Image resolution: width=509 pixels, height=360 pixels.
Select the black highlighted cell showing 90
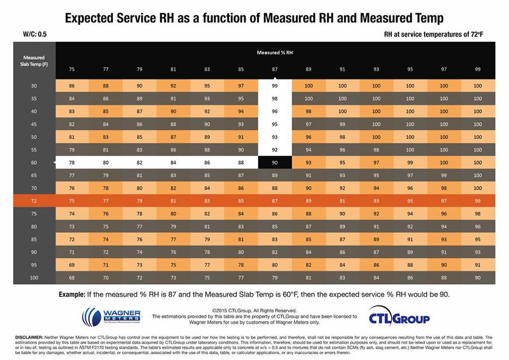coord(275,162)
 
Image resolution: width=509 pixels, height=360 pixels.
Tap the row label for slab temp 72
coord(34,201)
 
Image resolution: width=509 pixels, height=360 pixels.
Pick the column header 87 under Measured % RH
coord(275,69)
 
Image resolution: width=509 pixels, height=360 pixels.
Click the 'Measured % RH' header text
coord(275,53)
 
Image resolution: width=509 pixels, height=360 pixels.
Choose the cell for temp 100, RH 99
coord(478,277)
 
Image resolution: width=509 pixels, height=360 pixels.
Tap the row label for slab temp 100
coord(34,277)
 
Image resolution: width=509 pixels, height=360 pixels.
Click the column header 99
coord(478,69)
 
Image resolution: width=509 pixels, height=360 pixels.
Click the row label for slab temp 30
coord(34,85)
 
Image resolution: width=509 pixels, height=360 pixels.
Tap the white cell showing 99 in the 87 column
coord(275,85)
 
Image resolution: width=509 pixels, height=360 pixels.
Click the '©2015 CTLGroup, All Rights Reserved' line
coord(254,310)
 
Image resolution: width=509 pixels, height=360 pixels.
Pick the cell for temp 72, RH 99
coord(478,201)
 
